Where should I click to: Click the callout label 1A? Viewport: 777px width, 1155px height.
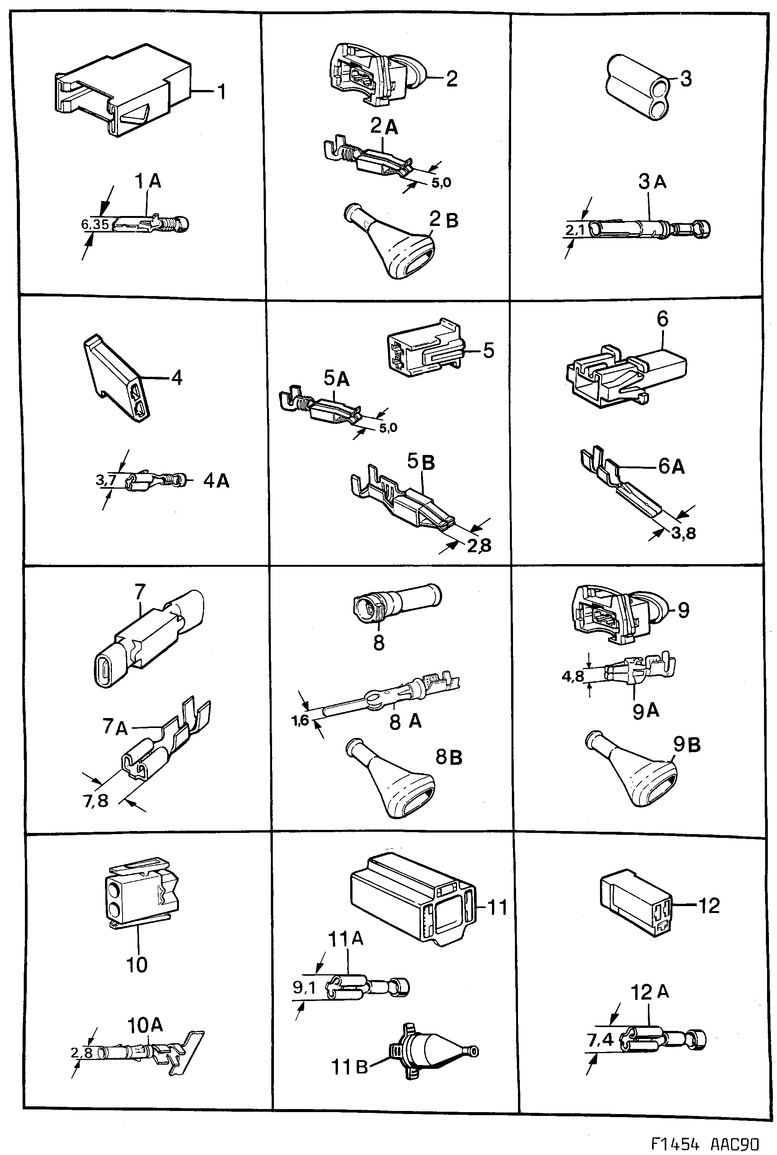[148, 182]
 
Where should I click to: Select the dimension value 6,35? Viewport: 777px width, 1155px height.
[95, 225]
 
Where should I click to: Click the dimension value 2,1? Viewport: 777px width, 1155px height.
[575, 230]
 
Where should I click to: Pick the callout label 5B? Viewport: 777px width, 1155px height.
[421, 462]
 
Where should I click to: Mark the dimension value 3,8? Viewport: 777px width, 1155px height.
[684, 533]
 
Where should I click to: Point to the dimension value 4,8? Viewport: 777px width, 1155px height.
[572, 676]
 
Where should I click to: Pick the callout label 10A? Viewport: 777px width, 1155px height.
[145, 1025]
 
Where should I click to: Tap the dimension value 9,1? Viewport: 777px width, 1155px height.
[304, 988]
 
